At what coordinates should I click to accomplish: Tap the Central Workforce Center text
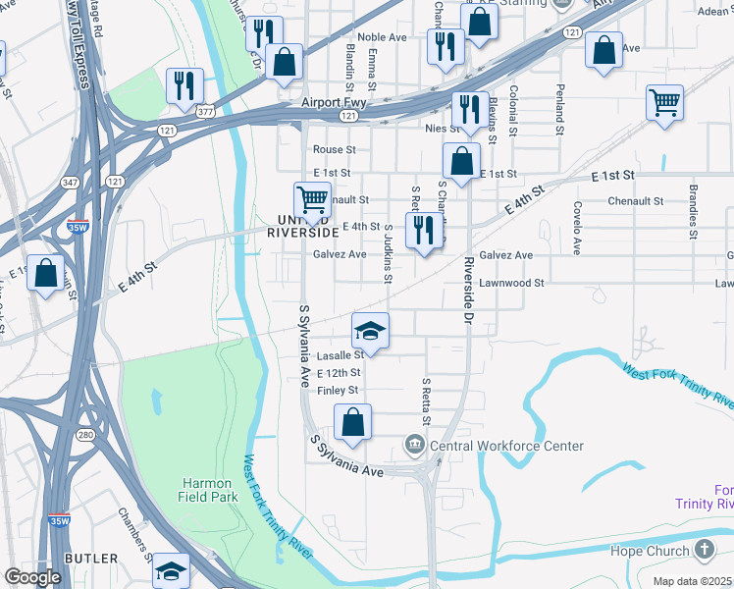pos(507,446)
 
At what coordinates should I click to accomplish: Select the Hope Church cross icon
pos(705,550)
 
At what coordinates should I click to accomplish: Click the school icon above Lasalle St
pos(371,331)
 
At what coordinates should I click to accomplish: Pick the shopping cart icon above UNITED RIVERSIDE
pos(313,200)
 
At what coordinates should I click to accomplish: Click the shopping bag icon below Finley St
pos(353,423)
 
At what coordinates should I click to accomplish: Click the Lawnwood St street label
pos(512,283)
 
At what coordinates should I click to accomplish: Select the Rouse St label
pos(334,149)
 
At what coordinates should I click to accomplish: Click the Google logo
pos(32,577)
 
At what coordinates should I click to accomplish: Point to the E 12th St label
pos(339,373)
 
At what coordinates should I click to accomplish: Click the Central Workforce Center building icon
pos(415,447)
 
